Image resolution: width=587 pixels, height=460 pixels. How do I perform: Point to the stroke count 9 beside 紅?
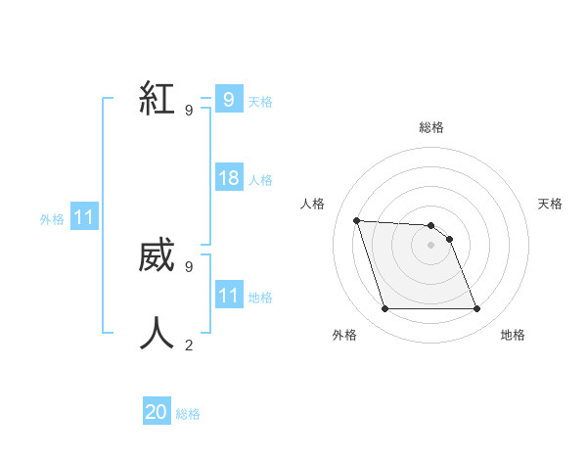point(189,110)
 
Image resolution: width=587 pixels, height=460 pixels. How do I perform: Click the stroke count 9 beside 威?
point(189,266)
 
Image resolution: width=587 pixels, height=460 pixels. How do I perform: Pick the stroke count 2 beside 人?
point(189,344)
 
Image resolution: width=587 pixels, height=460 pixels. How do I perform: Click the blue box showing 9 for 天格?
point(228,99)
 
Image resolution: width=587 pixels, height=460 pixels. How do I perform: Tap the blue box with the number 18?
point(228,178)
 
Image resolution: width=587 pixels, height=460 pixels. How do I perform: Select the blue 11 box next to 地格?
point(228,296)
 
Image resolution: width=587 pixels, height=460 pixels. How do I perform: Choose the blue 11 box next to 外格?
point(84,217)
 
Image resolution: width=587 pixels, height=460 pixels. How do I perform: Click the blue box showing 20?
point(157,412)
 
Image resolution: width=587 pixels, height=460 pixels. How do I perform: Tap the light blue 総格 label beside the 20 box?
point(188,414)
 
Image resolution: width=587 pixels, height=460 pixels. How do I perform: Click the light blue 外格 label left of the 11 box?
point(52,219)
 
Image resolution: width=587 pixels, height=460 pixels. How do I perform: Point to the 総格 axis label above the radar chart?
point(431,127)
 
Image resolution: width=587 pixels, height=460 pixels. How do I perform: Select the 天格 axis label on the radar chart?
point(550,204)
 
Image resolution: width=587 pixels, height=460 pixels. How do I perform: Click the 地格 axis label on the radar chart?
point(513,336)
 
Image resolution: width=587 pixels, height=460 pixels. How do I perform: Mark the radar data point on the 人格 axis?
point(357,220)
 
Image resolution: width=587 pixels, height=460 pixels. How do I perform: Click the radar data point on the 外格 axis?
point(384,309)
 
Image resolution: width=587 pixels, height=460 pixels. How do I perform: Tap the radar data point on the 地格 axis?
point(476,309)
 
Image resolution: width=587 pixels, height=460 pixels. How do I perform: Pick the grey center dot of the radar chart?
point(430,245)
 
